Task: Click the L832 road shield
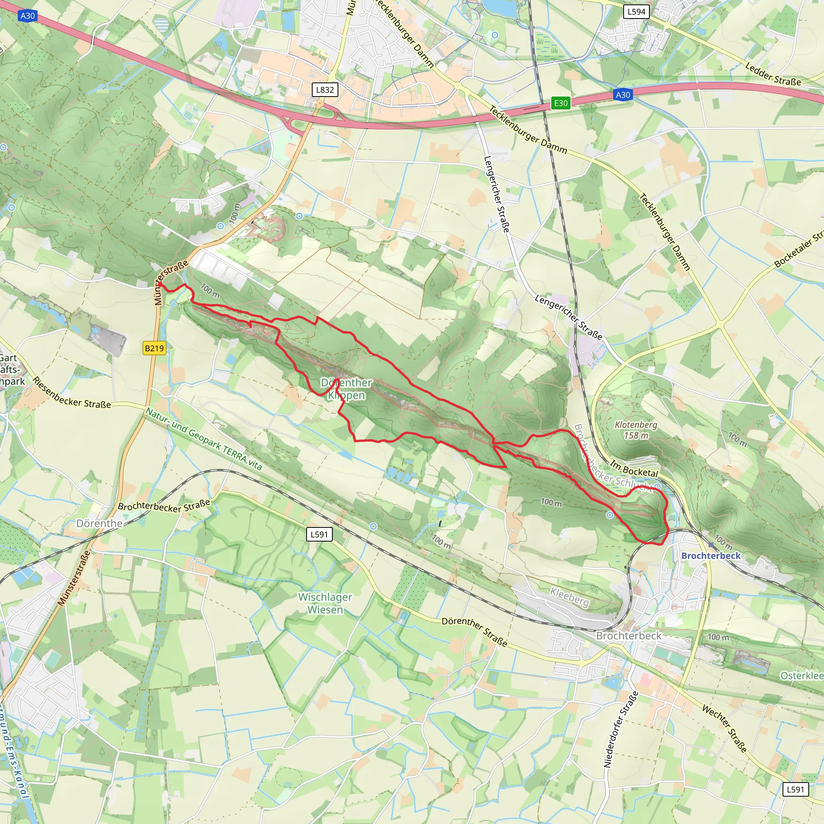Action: pos(325,90)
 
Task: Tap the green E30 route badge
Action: pos(560,103)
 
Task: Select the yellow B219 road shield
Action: pos(154,348)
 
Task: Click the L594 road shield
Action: pos(637,12)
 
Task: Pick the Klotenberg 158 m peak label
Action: pos(636,430)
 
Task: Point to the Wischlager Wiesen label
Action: pos(325,603)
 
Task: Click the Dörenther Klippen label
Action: pos(346,389)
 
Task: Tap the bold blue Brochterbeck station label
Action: pos(711,555)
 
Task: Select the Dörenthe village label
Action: pos(99,523)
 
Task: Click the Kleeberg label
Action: pos(569,597)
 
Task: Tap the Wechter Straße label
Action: pos(724,729)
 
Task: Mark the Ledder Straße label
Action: pos(773,74)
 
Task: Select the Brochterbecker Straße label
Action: pos(164,505)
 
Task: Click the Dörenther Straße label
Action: pos(474,631)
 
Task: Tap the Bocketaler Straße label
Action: pos(798,249)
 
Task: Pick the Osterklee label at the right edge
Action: pos(801,676)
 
